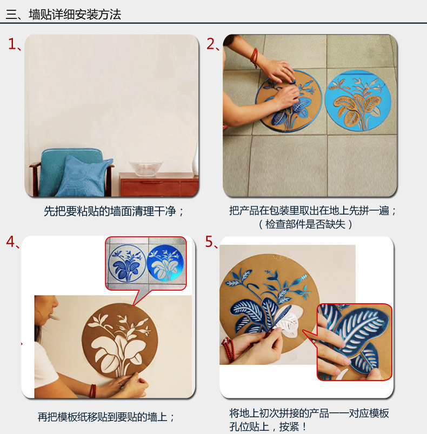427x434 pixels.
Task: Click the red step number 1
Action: tap(12, 44)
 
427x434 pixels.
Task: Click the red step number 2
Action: tap(211, 44)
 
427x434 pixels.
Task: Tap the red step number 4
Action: tap(11, 242)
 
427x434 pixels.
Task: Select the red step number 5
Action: tap(210, 242)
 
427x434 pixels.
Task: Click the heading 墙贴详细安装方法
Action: tap(75, 15)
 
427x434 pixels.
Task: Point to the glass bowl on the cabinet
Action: tap(145, 168)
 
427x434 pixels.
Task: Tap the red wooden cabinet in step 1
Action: tap(158, 184)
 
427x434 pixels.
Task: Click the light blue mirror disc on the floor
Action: tap(357, 100)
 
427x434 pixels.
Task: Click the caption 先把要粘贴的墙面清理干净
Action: tap(114, 211)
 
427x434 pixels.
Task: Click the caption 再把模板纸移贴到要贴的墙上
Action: tap(106, 417)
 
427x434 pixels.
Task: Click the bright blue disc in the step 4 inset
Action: tap(165, 263)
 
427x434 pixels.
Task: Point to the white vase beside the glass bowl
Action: tap(196, 158)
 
